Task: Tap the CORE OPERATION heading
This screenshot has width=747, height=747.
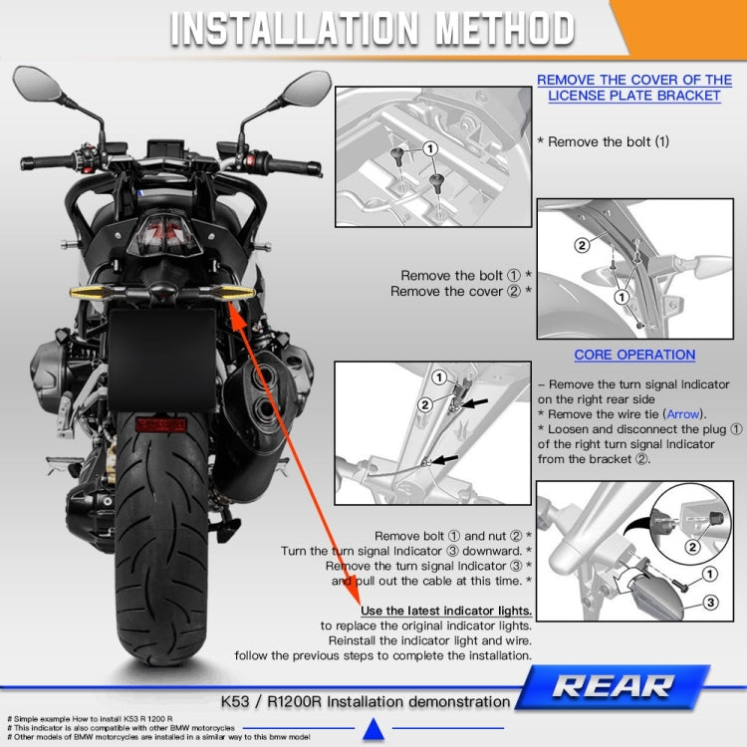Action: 634,355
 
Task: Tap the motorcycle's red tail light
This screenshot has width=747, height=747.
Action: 168,234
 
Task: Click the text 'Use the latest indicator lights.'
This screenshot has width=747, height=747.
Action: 445,611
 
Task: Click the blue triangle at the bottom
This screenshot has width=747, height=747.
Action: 373,732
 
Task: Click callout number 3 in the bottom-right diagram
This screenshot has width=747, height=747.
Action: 712,603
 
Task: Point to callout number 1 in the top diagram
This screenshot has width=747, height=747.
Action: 429,147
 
